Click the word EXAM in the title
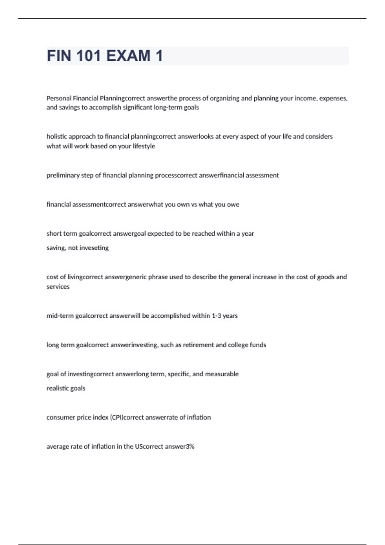tap(128, 56)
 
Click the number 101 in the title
tap(89, 56)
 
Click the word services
tap(58, 287)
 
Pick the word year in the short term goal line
tap(248, 234)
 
